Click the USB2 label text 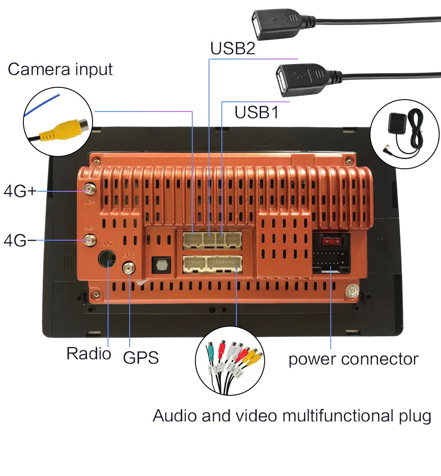tap(232, 48)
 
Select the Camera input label tap(60, 69)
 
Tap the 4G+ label tap(20, 191)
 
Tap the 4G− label tap(20, 241)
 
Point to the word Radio tap(89, 353)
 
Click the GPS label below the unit tap(141, 357)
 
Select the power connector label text tap(353, 359)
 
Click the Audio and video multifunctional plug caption tap(292, 416)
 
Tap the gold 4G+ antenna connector tap(90, 190)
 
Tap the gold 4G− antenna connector tap(90, 240)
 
